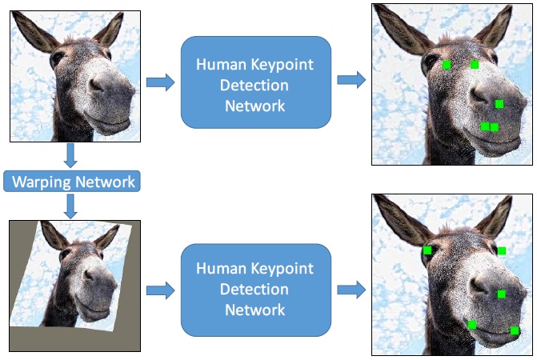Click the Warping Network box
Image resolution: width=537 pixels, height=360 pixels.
[x=71, y=182]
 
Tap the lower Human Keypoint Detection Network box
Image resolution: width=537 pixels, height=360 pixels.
[x=255, y=288]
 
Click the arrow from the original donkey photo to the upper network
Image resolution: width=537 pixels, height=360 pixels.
[x=160, y=82]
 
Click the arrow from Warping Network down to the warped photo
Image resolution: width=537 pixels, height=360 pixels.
[x=70, y=206]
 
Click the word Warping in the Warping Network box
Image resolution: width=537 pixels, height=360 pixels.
[x=42, y=182]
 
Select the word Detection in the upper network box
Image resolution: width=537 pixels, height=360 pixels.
[x=255, y=86]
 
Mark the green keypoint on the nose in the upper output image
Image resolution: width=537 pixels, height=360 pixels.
[x=499, y=104]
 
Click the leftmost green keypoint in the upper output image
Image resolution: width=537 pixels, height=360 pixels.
[x=447, y=64]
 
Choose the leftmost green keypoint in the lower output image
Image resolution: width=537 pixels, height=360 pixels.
[x=427, y=250]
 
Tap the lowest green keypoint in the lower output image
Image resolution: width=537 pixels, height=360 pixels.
[x=515, y=330]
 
